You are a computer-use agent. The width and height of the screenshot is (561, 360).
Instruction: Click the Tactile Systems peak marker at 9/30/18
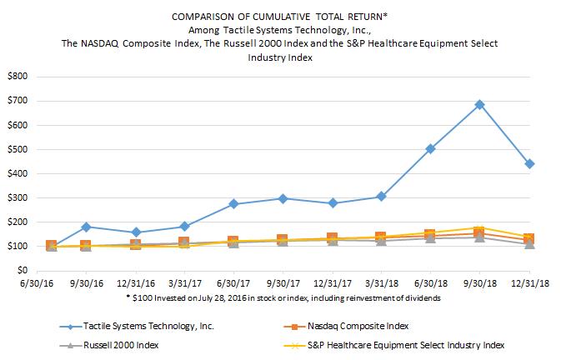479,105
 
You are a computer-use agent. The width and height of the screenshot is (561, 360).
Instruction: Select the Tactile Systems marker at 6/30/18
430,149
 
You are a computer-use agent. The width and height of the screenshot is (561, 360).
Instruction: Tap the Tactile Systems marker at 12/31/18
529,163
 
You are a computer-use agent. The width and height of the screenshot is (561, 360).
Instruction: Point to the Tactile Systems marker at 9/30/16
86,227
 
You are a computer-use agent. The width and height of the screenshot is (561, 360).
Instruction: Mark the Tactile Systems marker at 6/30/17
233,204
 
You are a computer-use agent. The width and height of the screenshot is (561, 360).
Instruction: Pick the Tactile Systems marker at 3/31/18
381,197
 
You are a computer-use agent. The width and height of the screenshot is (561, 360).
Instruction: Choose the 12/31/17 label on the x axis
332,285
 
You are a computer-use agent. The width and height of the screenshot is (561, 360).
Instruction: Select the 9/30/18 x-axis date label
479,285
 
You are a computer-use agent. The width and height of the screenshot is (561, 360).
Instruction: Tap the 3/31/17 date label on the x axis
184,285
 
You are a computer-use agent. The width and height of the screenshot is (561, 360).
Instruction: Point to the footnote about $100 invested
281,297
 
